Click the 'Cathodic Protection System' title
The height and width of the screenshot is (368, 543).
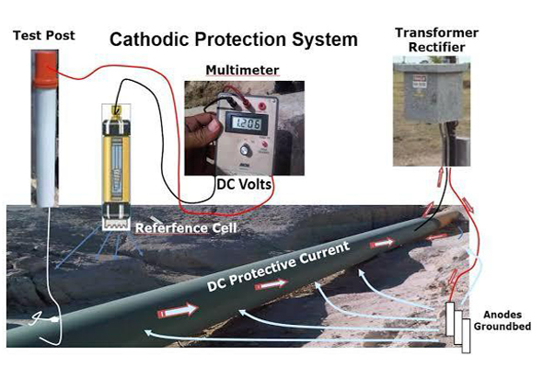coord(234,40)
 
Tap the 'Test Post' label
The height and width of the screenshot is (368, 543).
coord(44,35)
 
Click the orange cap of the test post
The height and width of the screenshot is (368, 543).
coord(45,69)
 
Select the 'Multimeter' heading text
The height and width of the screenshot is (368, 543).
coord(242,70)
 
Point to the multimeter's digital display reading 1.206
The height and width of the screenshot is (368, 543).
coord(247,123)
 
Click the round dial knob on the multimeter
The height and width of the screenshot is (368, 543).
coord(246,150)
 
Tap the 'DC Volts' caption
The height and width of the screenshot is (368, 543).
coord(244,184)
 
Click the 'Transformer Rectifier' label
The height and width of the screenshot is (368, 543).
coord(436,40)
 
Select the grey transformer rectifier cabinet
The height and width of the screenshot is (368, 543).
coord(432,93)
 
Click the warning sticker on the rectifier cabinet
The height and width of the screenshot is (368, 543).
coord(420,82)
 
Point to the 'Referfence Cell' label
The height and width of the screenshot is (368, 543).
coord(186,228)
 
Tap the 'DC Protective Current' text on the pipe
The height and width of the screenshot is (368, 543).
coord(278,266)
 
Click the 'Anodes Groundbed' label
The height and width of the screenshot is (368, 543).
coord(503,320)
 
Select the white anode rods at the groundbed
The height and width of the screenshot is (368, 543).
coord(457,327)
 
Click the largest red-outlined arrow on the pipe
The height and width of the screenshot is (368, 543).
coord(178,310)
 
